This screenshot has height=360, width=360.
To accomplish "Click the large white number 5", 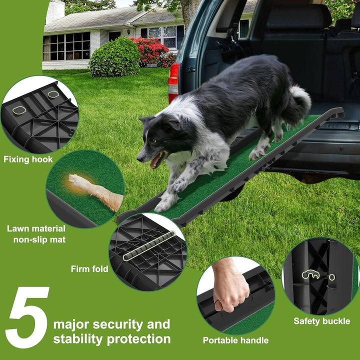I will (x=27, y=317).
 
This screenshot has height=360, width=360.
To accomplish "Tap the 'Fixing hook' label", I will (x=28, y=159).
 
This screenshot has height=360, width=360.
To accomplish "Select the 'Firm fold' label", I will (x=89, y=269).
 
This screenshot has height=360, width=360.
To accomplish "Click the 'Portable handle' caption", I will (x=235, y=340).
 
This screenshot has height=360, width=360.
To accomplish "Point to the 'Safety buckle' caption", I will (x=321, y=321).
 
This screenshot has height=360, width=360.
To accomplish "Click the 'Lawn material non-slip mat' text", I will (x=36, y=234).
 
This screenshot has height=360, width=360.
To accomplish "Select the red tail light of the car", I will (x=173, y=83).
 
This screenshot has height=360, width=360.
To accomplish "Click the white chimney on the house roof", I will (x=55, y=11).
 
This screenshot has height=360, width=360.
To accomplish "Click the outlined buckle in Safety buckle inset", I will (x=311, y=274).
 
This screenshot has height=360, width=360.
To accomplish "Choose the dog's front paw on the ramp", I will (x=165, y=204).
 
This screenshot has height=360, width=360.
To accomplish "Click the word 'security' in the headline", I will (x=126, y=324).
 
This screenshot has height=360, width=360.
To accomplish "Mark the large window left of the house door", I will (x=66, y=46).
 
